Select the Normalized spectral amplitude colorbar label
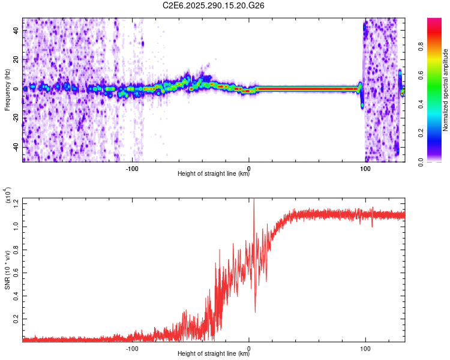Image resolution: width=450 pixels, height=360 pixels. (x=446, y=90)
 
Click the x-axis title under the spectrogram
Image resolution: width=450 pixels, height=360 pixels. (x=214, y=175)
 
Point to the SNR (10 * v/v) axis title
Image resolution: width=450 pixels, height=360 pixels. (x=7, y=270)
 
